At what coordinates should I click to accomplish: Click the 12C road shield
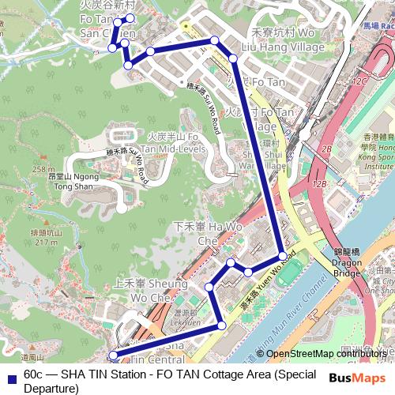361,81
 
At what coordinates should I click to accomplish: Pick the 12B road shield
319,183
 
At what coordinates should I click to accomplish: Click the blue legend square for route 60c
11,375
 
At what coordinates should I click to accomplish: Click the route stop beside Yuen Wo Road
282,257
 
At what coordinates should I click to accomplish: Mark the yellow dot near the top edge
186,25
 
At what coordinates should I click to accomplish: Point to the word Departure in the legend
51,389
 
